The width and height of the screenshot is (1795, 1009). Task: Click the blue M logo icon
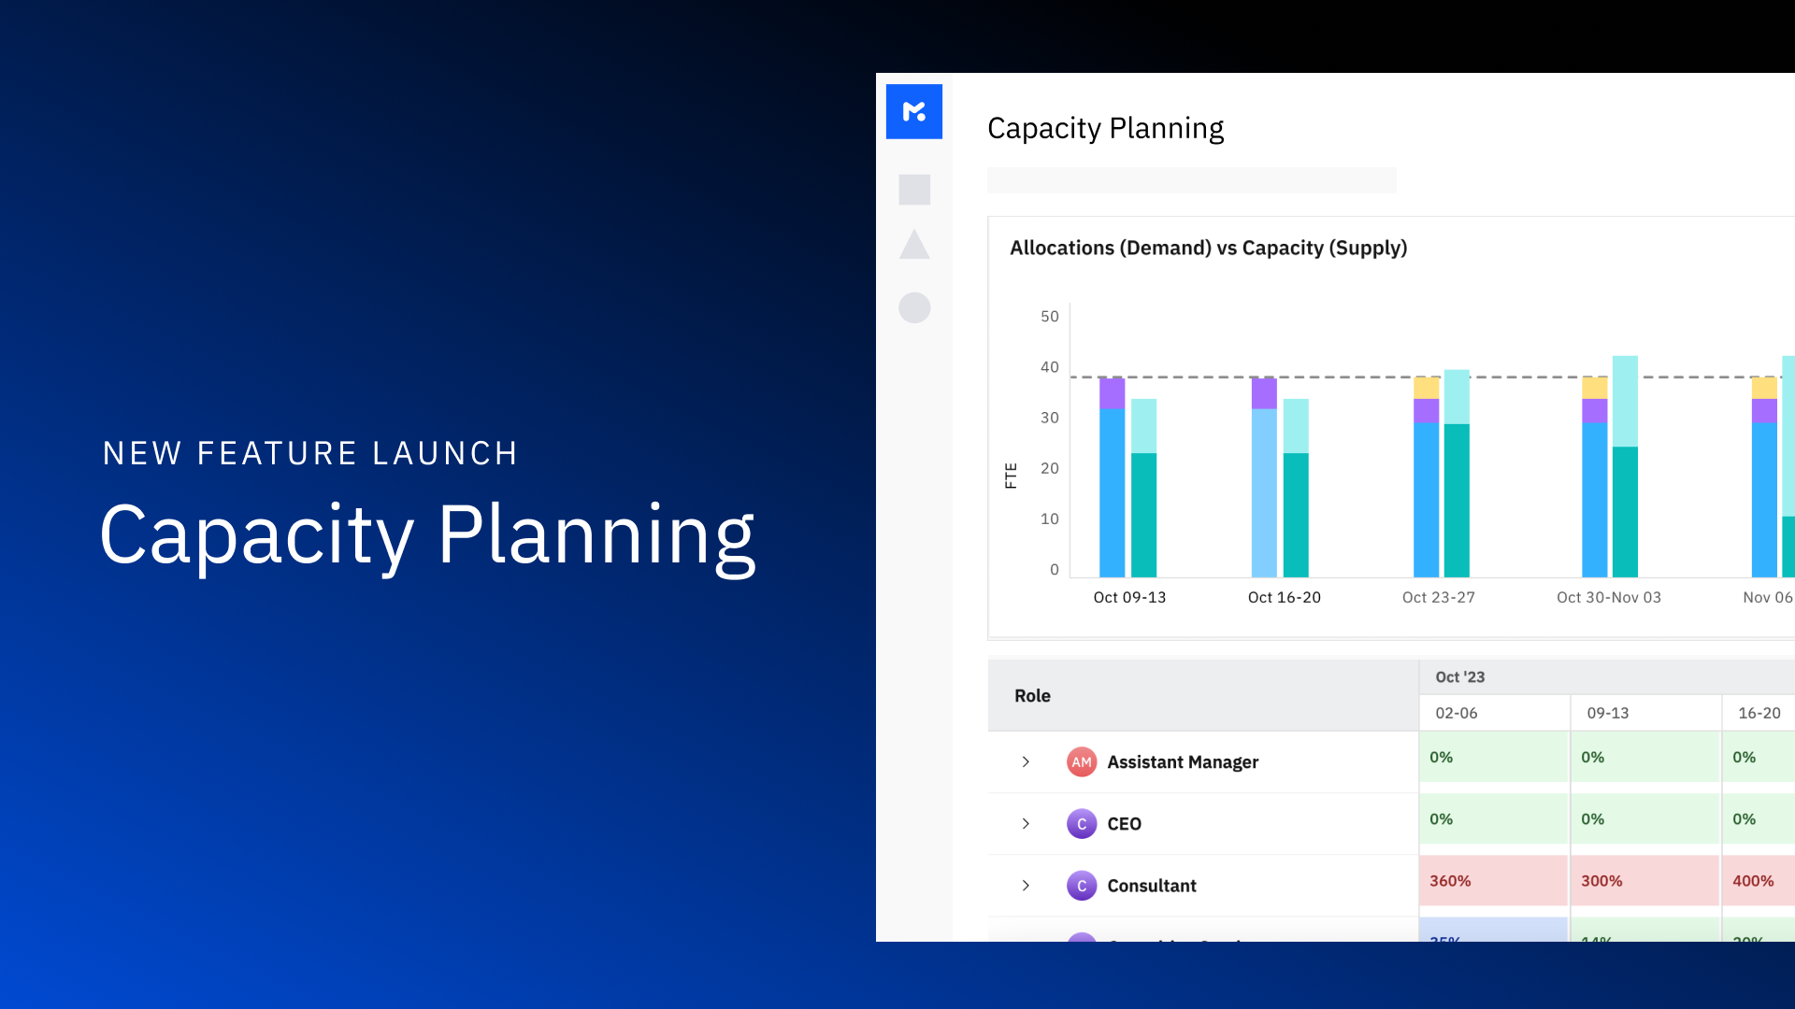(913, 112)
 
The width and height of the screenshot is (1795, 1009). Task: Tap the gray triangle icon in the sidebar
(913, 246)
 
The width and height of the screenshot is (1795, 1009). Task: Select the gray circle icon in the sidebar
(914, 307)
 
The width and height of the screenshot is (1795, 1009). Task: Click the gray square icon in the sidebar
(914, 190)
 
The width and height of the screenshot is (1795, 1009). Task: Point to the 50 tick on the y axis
(1049, 317)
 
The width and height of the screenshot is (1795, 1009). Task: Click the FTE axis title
(1011, 476)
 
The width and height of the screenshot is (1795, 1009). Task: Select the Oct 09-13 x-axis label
(1129, 598)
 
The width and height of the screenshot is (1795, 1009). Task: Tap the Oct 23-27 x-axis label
(1438, 598)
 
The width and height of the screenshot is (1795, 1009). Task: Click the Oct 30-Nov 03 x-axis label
(1608, 598)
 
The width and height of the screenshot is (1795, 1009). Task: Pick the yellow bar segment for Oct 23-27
(1426, 388)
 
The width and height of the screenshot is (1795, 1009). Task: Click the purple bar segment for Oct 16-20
(1264, 393)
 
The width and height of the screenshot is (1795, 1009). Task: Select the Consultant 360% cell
(1493, 881)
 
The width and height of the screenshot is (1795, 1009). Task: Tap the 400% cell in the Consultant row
(1756, 881)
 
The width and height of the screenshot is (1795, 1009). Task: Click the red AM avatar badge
(1082, 762)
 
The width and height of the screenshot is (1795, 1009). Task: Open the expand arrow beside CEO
(1026, 824)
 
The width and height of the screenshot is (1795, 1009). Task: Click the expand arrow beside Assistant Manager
(1026, 762)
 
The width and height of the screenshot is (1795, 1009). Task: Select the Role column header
(1032, 696)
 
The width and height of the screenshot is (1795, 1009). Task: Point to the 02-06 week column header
(1456, 714)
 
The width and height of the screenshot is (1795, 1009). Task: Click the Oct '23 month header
(1459, 677)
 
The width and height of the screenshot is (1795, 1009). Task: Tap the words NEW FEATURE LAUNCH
(310, 454)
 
